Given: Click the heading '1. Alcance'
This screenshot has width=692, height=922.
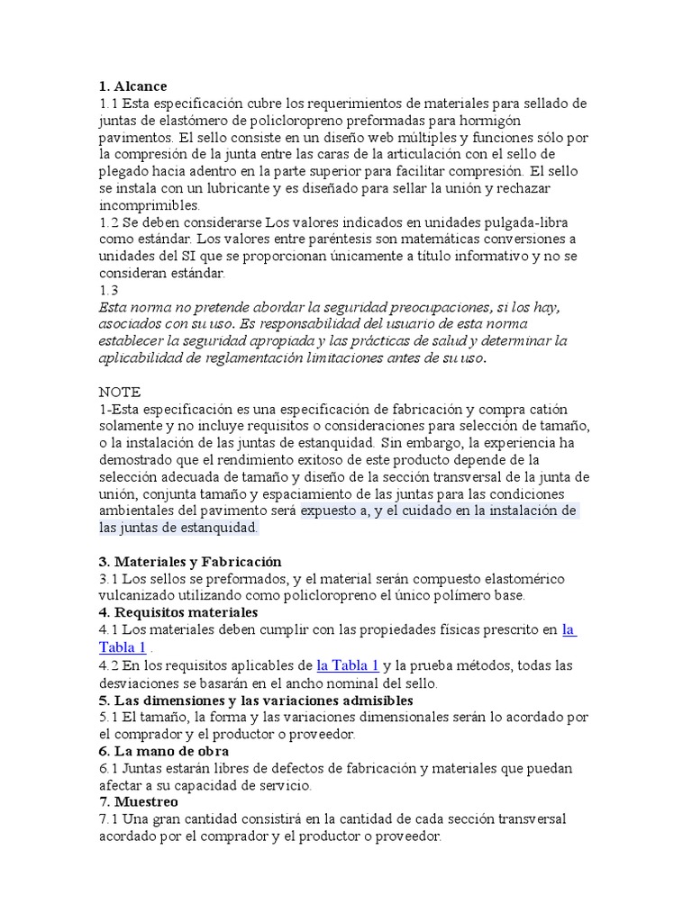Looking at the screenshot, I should coord(132,86).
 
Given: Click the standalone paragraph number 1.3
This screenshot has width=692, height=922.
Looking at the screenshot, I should coord(108,290).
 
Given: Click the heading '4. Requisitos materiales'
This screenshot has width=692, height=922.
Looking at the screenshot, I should coord(178,612).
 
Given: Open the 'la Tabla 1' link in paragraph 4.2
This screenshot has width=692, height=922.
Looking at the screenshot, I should coord(348,665).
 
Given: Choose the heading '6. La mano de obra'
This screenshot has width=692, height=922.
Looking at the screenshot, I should coord(163,751).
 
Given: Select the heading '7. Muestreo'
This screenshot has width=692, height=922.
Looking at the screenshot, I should coord(139,801).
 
